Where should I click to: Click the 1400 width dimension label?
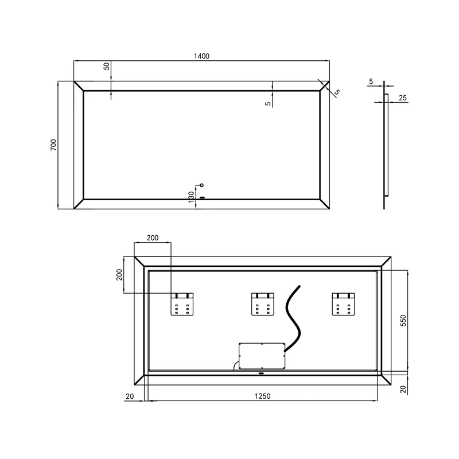[201, 56]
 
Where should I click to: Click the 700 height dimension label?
[53, 145]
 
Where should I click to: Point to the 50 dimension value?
[107, 66]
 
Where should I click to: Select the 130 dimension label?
[192, 197]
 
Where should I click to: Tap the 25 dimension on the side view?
[403, 98]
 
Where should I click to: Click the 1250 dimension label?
[262, 396]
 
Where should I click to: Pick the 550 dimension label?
[403, 321]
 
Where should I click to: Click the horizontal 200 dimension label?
[153, 238]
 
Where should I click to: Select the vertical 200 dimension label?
[119, 275]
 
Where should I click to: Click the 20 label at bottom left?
[130, 396]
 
